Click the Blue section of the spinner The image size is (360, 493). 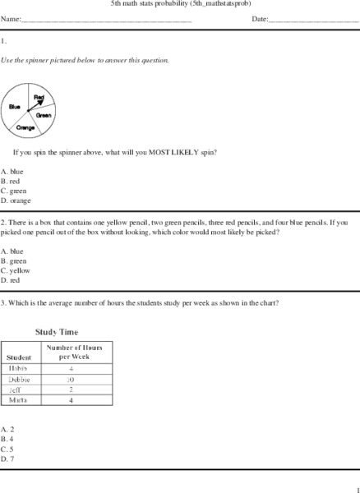coord(16,108)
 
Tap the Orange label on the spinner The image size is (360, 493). coord(25,128)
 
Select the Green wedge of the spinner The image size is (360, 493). coord(45,114)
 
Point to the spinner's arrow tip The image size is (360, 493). coord(43,100)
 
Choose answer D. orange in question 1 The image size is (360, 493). coord(16,200)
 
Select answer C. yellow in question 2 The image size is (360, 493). coord(16,270)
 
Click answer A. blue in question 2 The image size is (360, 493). coord(12,251)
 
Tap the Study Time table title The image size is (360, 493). coord(56,333)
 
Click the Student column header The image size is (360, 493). coord(19,357)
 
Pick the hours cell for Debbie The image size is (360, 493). coord(72,380)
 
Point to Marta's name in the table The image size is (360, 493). coord(19,401)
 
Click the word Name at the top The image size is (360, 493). coord(11,18)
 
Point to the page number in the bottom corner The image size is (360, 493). coord(357,487)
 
